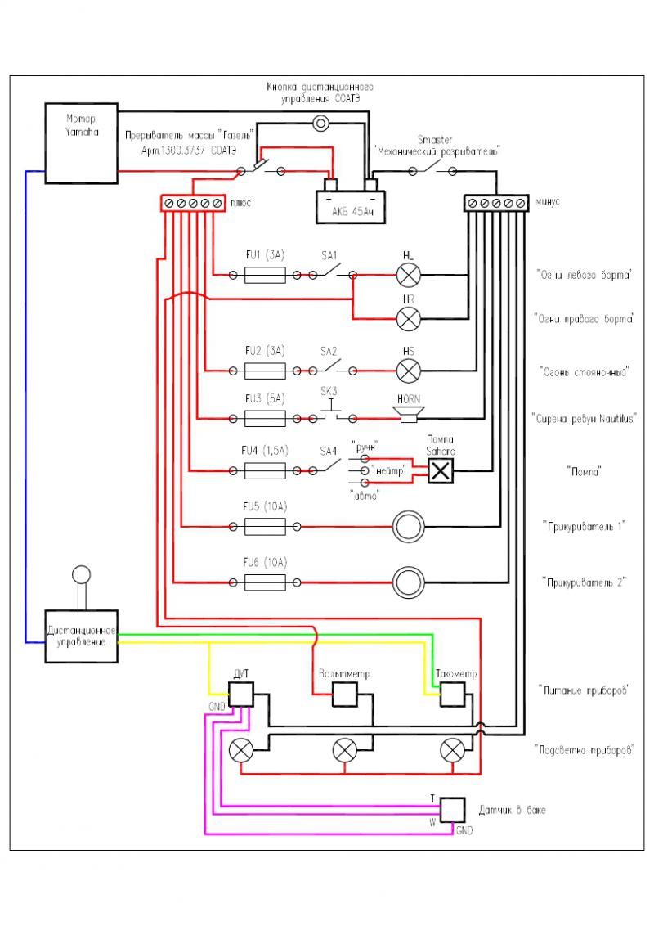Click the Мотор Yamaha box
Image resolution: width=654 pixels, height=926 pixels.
[x=81, y=142]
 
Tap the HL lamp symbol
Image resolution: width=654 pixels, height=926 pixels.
[x=408, y=276]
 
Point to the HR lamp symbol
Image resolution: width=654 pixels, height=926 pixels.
[x=408, y=318]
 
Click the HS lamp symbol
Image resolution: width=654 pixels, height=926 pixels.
[x=408, y=371]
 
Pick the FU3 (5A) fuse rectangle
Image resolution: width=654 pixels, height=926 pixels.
[x=265, y=419]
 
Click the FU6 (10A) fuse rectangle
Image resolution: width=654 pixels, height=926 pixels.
[x=265, y=582]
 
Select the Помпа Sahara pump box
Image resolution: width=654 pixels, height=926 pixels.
[x=441, y=470]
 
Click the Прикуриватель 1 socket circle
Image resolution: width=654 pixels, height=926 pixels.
[x=408, y=528]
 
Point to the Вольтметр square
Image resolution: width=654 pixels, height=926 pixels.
[x=344, y=695]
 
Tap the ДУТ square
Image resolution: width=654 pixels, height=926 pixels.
[x=240, y=695]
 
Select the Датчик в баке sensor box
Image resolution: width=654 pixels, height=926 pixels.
[x=452, y=810]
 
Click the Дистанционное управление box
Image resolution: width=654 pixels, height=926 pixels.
[x=81, y=636]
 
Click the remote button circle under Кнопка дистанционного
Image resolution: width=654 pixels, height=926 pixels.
[x=321, y=124]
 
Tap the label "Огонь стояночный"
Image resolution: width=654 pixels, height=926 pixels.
[x=583, y=371]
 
